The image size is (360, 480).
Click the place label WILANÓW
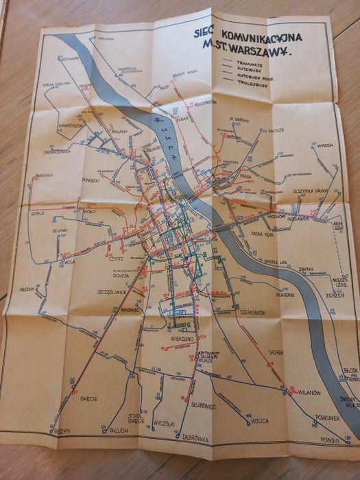point(309,392)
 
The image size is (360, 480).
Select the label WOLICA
point(259,421)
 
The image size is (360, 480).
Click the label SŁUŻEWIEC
point(203,405)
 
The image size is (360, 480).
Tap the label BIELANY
point(119,129)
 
